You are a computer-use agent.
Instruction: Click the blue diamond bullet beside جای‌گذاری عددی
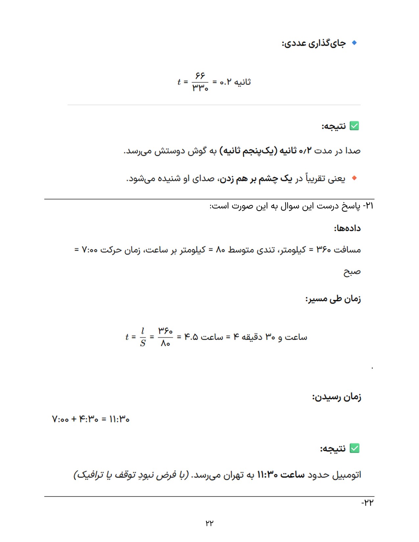(354, 43)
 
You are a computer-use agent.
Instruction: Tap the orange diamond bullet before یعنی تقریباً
(354, 178)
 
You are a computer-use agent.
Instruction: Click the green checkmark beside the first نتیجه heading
(354, 126)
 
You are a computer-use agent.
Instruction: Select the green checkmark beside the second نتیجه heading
(354, 448)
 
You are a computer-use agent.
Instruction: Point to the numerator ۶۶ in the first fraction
(200, 76)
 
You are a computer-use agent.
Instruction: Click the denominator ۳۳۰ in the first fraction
(200, 88)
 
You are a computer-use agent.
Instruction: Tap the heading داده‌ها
(347, 228)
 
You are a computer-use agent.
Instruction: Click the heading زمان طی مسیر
(333, 299)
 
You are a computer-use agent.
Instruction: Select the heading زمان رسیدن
(337, 397)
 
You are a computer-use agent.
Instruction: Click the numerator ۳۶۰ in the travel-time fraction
(165, 330)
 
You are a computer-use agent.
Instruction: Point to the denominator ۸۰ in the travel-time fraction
(165, 344)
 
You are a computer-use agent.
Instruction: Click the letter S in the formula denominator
(143, 344)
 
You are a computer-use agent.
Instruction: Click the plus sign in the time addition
(74, 419)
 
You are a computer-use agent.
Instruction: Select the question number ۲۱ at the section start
(370, 206)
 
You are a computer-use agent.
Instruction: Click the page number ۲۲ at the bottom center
(209, 523)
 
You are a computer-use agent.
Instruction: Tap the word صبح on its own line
(352, 272)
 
